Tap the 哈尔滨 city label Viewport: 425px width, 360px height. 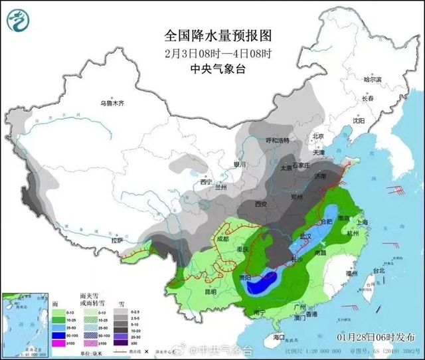(373, 79)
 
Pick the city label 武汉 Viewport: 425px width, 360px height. (305, 236)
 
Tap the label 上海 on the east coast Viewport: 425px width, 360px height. (362, 223)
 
